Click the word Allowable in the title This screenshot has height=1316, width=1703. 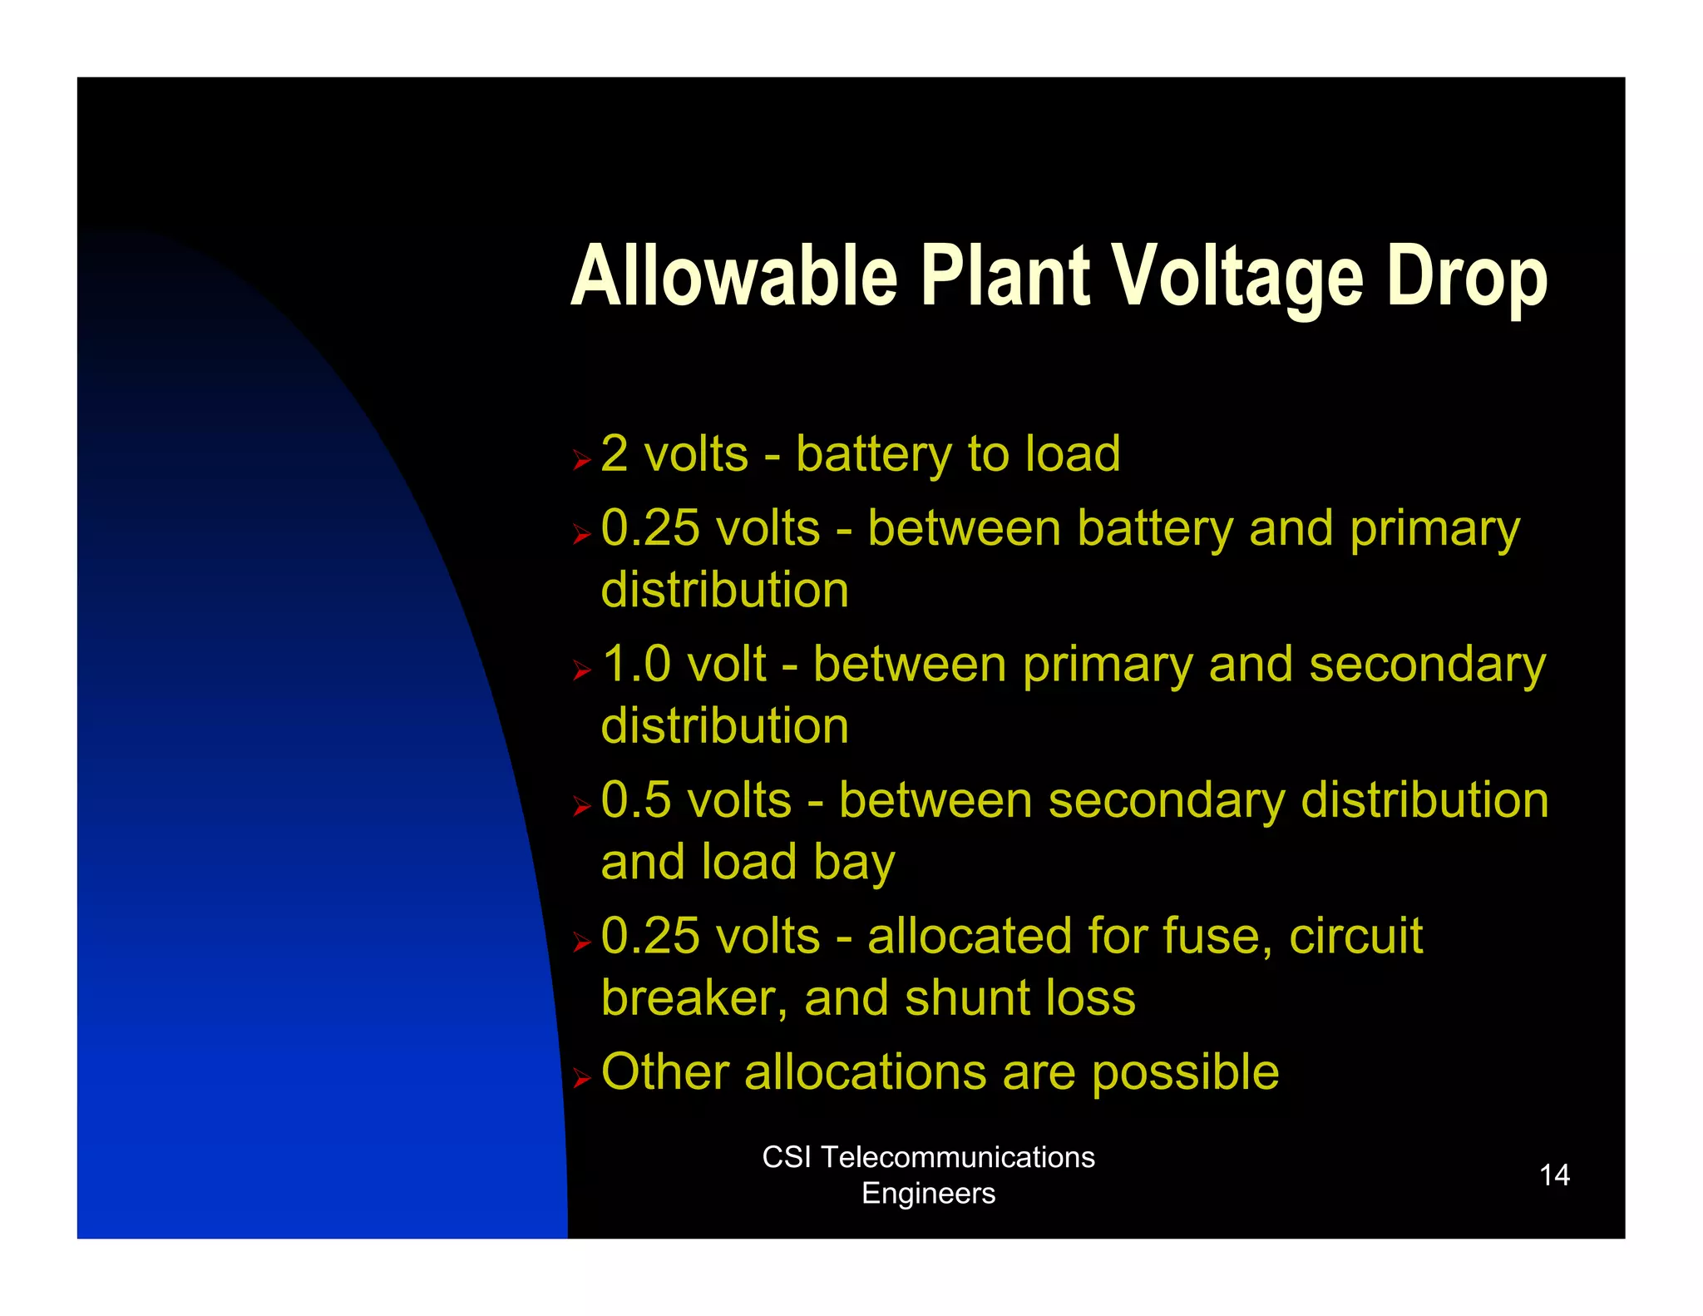pyautogui.click(x=734, y=276)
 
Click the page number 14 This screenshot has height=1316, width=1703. pyautogui.click(x=1553, y=1175)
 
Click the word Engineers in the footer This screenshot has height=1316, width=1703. pyautogui.click(x=928, y=1193)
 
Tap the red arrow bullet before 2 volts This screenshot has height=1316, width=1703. pyautogui.click(x=581, y=460)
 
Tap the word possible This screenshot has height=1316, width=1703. pyautogui.click(x=1185, y=1073)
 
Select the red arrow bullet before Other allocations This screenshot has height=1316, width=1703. pyautogui.click(x=581, y=1079)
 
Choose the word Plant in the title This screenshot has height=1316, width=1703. pyautogui.click(x=1005, y=276)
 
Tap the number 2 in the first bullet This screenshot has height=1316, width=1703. pyautogui.click(x=615, y=454)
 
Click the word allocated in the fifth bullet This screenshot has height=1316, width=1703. pyautogui.click(x=969, y=936)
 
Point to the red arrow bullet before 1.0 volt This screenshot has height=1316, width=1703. pyautogui.click(x=581, y=670)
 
